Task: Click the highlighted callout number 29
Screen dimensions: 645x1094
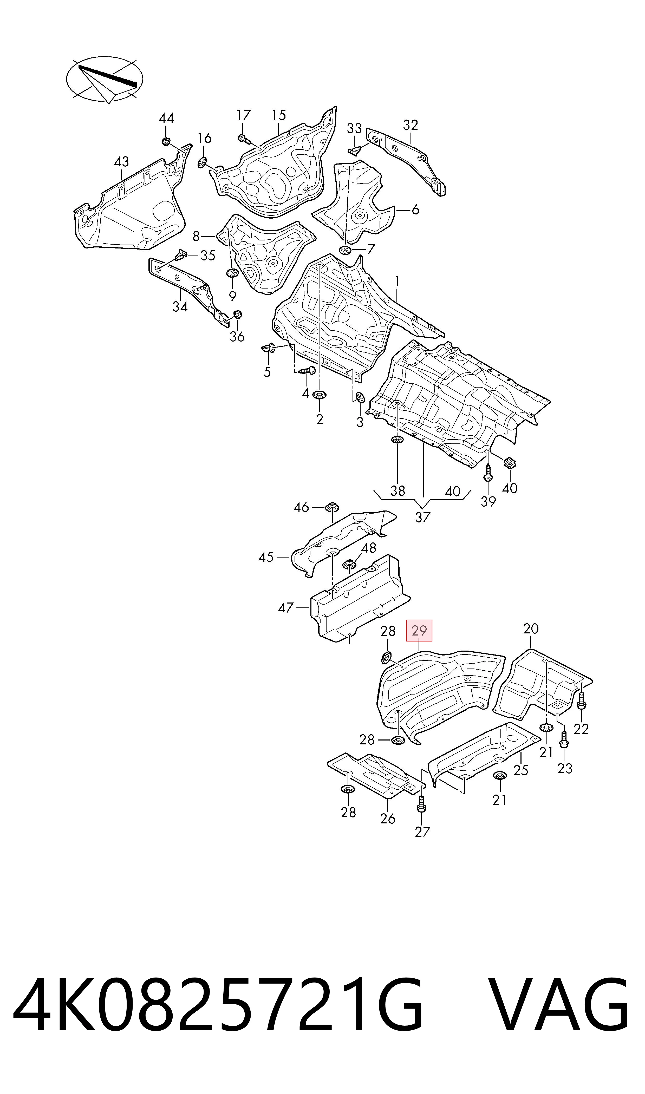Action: pos(419,630)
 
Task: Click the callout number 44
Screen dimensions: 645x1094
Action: pos(166,118)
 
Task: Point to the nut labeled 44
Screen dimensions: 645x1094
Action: pos(165,141)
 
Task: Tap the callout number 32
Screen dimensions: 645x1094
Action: pos(410,125)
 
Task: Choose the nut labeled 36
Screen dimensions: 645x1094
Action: pos(238,315)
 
